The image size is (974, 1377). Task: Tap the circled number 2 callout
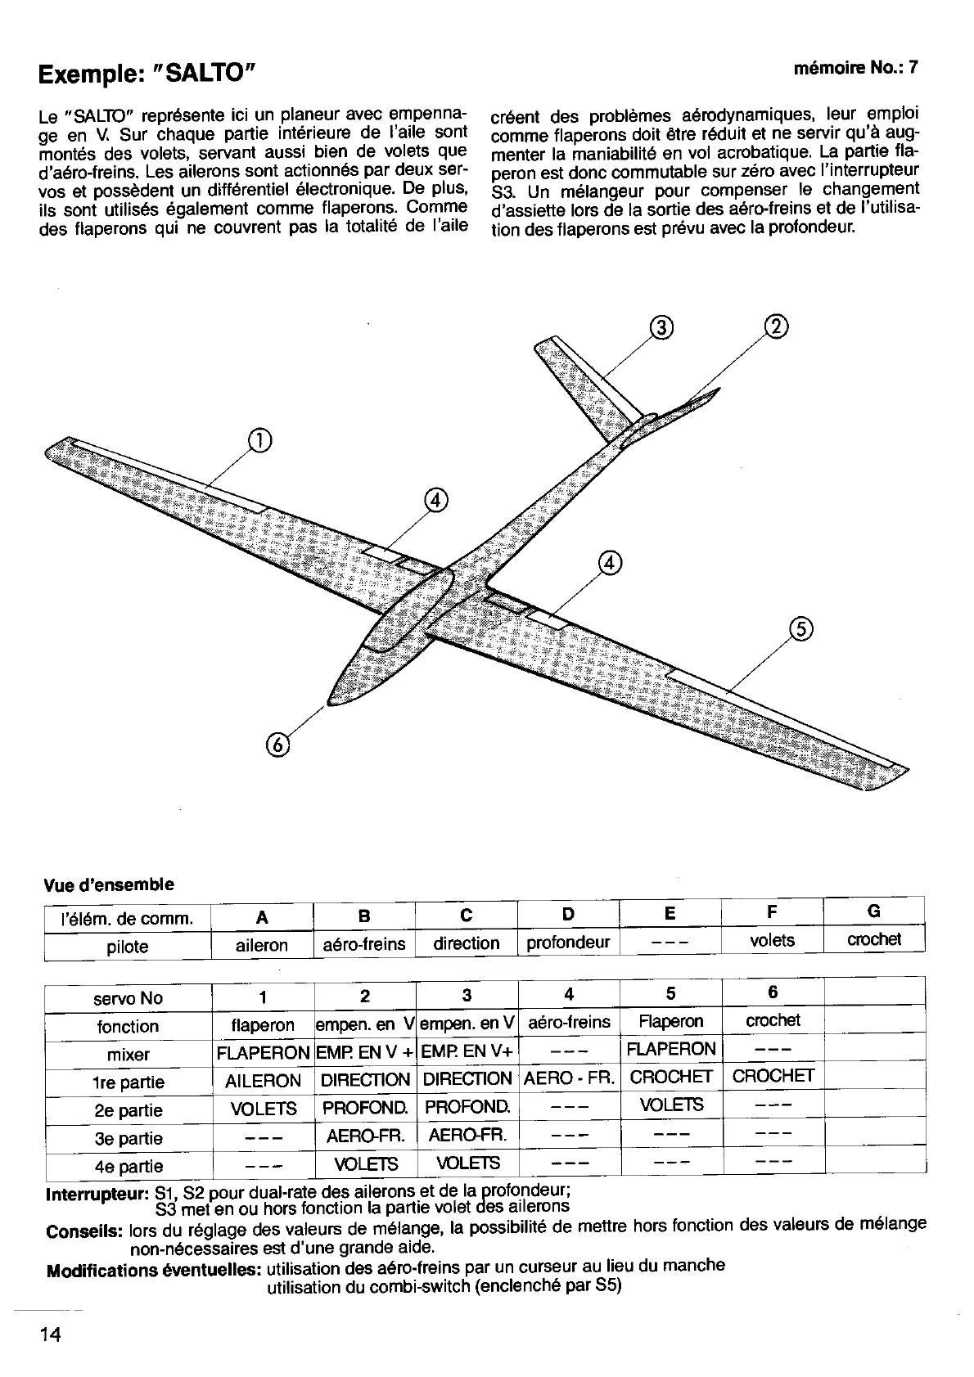tap(776, 326)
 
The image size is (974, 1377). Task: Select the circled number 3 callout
tap(661, 328)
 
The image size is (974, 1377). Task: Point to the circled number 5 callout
tap(800, 628)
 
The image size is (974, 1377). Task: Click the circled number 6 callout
tap(278, 744)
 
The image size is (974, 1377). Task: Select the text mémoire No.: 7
tap(855, 69)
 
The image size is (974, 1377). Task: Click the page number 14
tap(49, 1334)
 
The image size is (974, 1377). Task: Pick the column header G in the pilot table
tap(873, 911)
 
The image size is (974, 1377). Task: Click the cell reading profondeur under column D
tap(568, 943)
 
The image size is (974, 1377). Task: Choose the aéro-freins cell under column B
tap(364, 944)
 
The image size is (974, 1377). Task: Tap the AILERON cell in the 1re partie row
tap(263, 1081)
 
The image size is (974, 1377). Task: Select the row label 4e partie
tap(129, 1166)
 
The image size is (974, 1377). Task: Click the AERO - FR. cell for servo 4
tap(569, 1078)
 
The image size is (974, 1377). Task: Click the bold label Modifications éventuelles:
tap(154, 1271)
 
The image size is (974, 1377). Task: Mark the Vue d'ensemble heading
tap(108, 884)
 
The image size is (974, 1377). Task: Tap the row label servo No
tap(129, 998)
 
